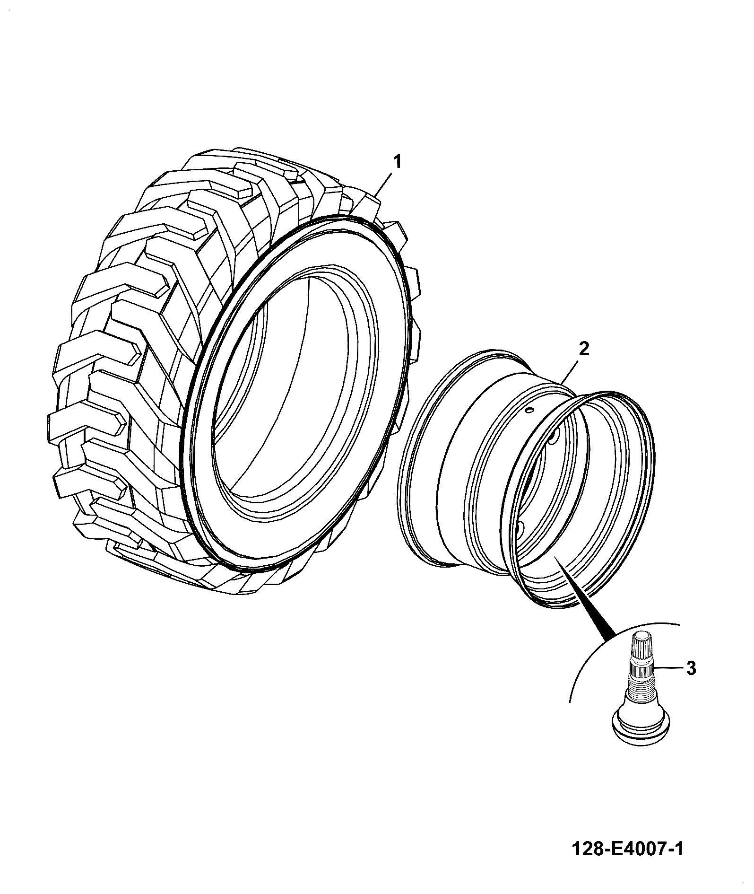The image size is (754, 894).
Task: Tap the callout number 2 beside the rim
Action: pyautogui.click(x=584, y=349)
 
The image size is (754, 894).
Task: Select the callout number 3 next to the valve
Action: pyautogui.click(x=691, y=668)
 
